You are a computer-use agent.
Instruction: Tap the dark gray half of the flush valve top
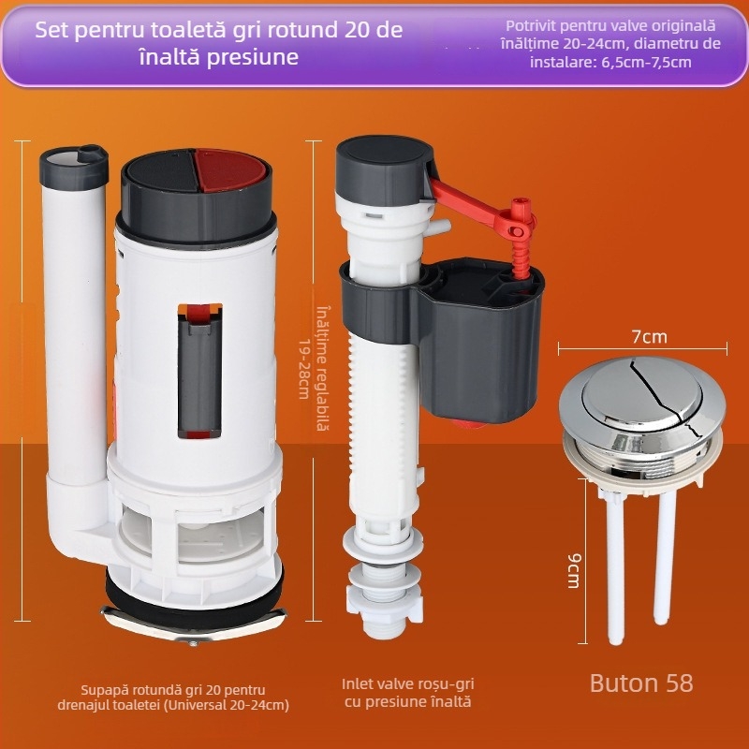pyautogui.click(x=160, y=172)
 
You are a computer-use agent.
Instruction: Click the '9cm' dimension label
pyautogui.click(x=574, y=571)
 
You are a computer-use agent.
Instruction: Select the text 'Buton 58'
pyautogui.click(x=641, y=683)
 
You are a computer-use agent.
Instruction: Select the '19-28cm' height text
pyautogui.click(x=305, y=369)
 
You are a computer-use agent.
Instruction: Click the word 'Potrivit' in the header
pyautogui.click(x=529, y=26)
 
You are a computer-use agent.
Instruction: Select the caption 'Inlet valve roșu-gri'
pyautogui.click(x=408, y=684)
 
